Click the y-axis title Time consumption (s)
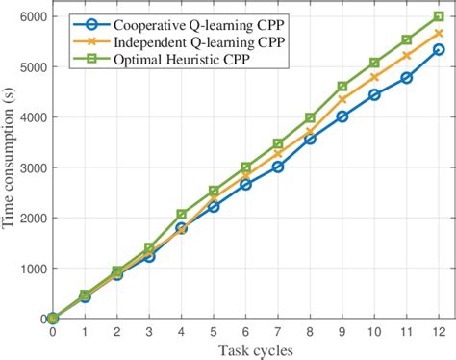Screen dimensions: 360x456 coord(12,167)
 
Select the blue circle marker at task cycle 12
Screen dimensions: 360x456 coord(439,49)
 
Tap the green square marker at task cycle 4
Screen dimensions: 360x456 coord(181,214)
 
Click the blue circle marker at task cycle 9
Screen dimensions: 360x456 coord(342,116)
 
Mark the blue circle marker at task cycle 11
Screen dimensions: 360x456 coord(407,77)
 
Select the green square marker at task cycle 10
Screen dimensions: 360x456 coord(374,63)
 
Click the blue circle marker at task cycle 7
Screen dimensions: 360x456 coord(278,167)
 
